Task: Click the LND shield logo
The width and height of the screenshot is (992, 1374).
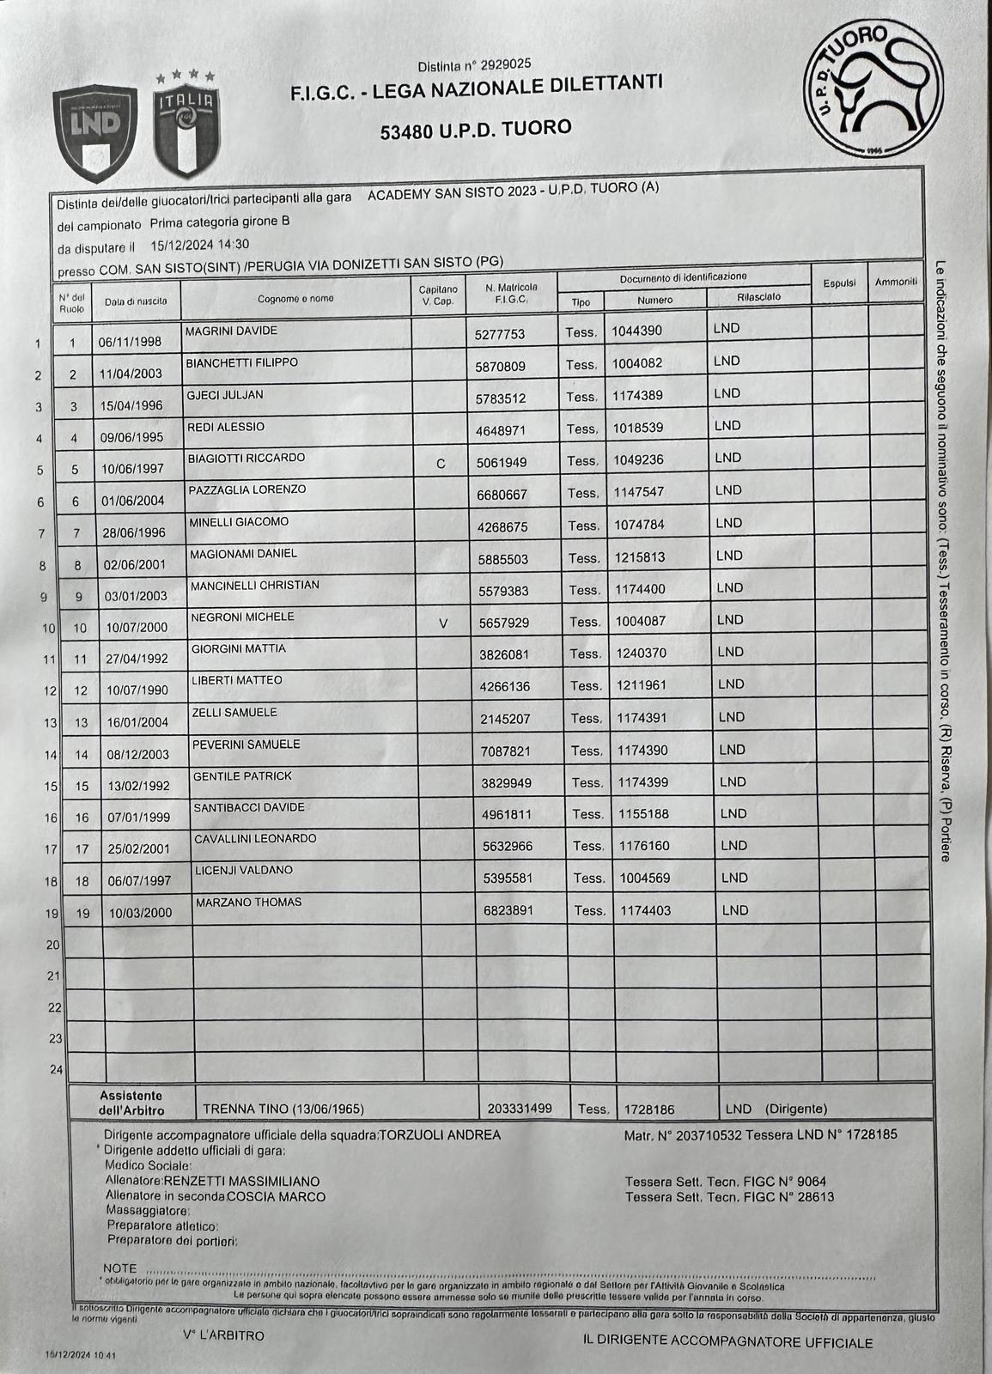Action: pyautogui.click(x=95, y=133)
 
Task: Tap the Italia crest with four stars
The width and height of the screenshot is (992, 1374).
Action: pyautogui.click(x=186, y=125)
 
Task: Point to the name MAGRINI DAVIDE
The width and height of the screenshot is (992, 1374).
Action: pyautogui.click(x=231, y=331)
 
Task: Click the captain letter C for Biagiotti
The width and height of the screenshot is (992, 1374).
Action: pyautogui.click(x=441, y=464)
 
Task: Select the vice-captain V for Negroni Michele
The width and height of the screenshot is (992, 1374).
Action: pyautogui.click(x=443, y=623)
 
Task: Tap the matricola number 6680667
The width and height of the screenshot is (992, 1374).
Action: pyautogui.click(x=502, y=495)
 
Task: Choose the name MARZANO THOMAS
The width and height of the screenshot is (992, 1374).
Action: pyautogui.click(x=248, y=902)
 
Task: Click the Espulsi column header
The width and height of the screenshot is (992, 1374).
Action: pyautogui.click(x=839, y=283)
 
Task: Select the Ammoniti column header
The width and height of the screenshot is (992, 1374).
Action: pyautogui.click(x=896, y=282)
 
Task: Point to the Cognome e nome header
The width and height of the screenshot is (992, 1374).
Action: pyautogui.click(x=295, y=299)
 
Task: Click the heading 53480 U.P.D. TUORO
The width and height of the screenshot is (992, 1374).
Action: pyautogui.click(x=476, y=130)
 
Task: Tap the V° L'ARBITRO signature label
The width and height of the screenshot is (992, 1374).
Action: pyautogui.click(x=223, y=1335)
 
